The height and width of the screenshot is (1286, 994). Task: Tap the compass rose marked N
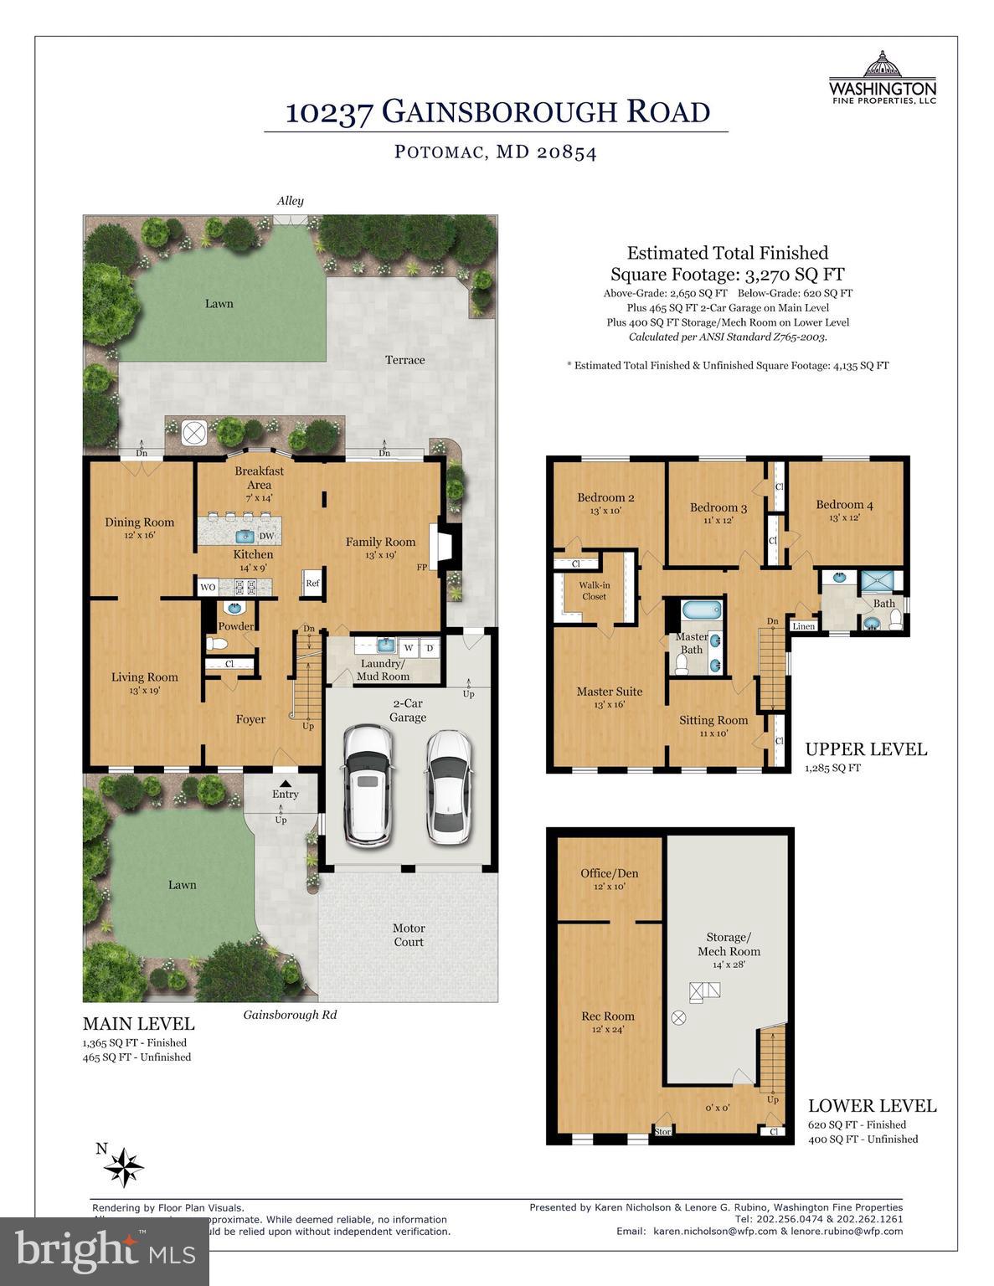tap(126, 1165)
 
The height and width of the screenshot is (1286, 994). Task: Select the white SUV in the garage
tap(367, 785)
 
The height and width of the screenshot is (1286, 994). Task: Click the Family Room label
tap(380, 542)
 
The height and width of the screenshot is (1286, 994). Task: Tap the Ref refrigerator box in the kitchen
tap(312, 584)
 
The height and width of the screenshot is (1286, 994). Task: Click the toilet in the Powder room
tap(216, 644)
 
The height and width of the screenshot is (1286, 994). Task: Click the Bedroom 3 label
tap(718, 507)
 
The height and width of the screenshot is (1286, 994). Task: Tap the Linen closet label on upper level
tap(803, 626)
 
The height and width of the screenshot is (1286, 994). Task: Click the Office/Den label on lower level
tap(609, 873)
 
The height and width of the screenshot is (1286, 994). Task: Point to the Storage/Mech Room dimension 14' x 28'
tap(729, 964)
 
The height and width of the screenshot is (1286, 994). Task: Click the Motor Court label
tap(409, 934)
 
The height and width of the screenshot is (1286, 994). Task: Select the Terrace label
tap(404, 360)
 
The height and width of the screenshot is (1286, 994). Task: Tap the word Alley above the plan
tap(290, 201)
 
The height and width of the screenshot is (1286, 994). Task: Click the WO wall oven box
tap(208, 587)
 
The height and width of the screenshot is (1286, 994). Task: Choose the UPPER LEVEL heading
tap(866, 749)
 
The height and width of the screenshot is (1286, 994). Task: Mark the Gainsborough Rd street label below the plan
tap(290, 1015)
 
